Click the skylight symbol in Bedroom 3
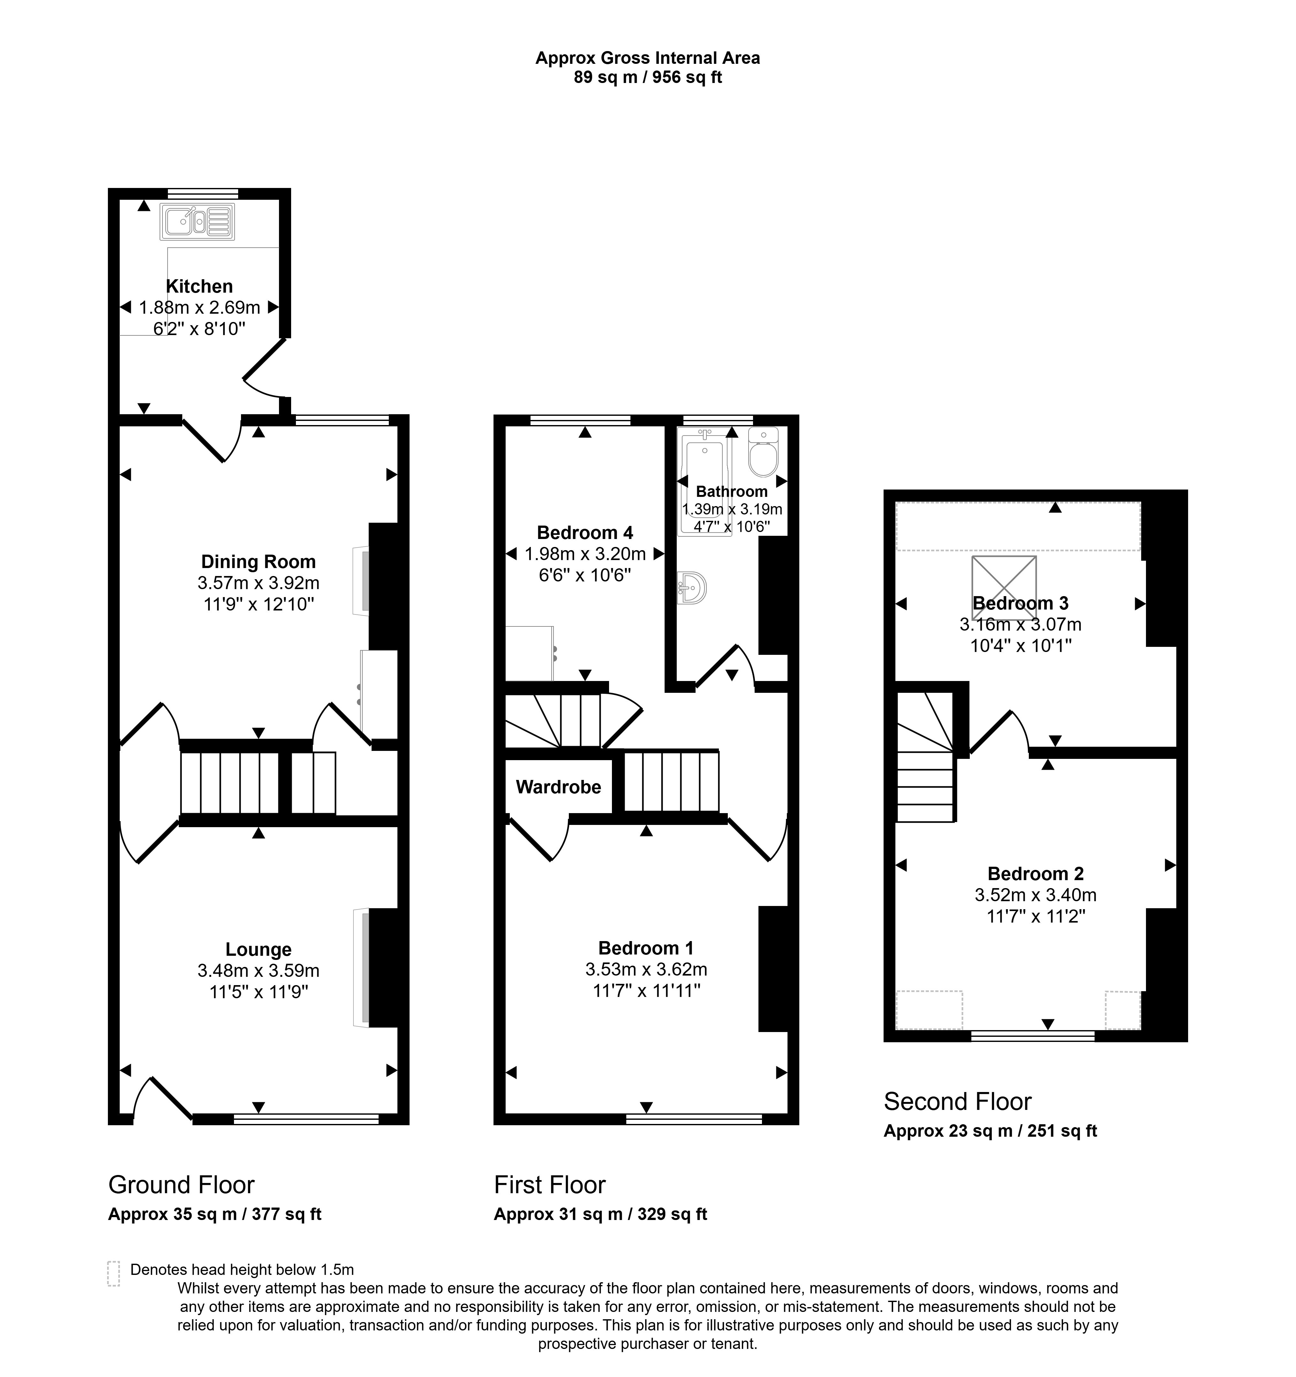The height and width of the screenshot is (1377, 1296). (1004, 587)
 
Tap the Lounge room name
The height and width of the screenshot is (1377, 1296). (258, 950)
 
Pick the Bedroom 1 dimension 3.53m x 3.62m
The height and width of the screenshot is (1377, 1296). (645, 970)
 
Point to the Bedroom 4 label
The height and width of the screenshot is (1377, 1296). (584, 533)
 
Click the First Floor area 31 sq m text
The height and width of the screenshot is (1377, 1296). (600, 1214)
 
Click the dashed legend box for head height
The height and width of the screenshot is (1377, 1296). (114, 1273)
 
